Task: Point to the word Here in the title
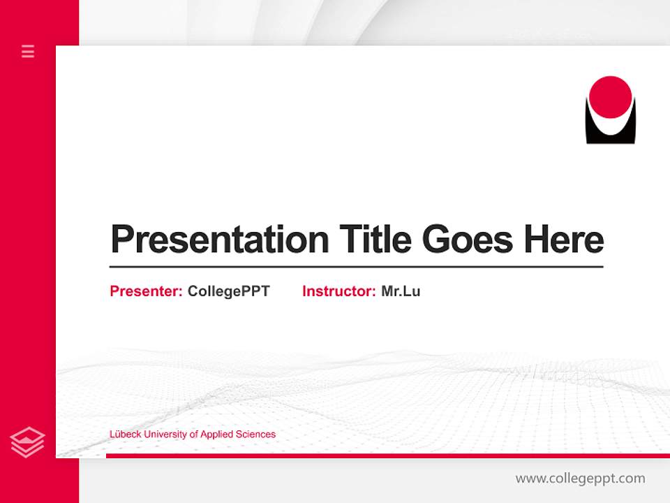pos(564,240)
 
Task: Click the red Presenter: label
pos(147,291)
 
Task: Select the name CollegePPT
pos(228,291)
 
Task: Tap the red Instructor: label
pos(339,291)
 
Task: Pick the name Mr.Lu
pos(401,291)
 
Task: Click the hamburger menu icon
pos(28,51)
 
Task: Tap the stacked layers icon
pos(28,442)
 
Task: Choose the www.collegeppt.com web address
pos(580,479)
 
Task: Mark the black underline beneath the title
pos(356,267)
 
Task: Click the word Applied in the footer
pos(216,435)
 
